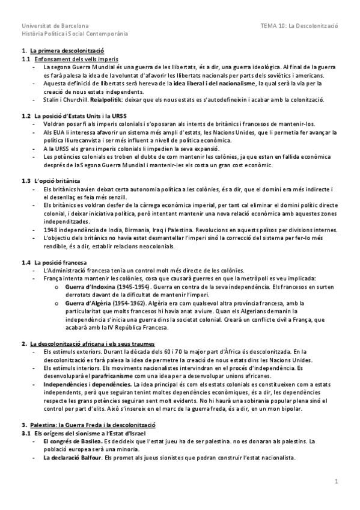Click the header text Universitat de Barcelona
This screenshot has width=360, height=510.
tap(55, 26)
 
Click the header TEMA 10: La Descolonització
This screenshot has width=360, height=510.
tap(300, 26)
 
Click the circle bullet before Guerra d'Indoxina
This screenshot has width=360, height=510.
tap(56, 287)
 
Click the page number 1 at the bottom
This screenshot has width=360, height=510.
tap(337, 481)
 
